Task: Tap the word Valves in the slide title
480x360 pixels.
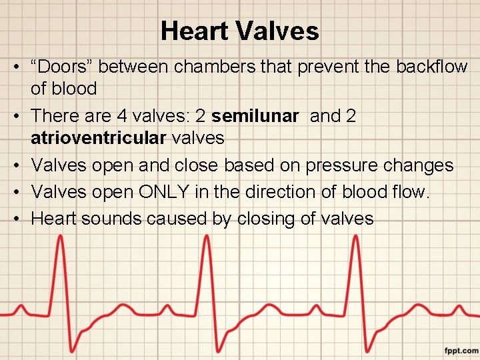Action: click(x=281, y=31)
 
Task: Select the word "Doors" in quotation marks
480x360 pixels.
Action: click(x=65, y=67)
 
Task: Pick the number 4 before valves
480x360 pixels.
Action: click(x=122, y=116)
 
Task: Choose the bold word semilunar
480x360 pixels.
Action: click(x=255, y=116)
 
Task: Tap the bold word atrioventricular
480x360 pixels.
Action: click(x=98, y=138)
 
